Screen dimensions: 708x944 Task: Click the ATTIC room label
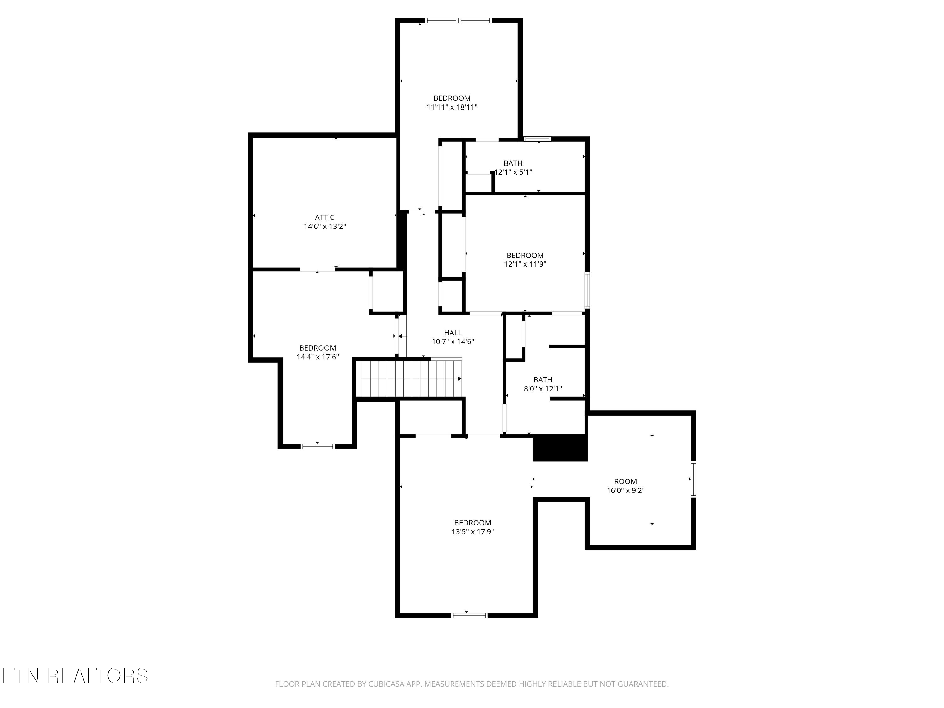(324, 217)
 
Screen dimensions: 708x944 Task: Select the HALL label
(453, 333)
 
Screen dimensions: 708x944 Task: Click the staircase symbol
(409, 379)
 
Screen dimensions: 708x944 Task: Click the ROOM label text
(625, 481)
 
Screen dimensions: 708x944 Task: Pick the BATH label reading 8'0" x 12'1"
(542, 379)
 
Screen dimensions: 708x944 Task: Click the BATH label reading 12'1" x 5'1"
(513, 163)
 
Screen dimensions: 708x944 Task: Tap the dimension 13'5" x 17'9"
(472, 532)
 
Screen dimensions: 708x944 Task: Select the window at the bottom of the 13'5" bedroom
(469, 615)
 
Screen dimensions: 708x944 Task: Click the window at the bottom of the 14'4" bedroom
(317, 447)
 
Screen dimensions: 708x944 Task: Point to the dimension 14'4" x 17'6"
(317, 357)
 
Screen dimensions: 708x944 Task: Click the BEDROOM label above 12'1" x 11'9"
(525, 255)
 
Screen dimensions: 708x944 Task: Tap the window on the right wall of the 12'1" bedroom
(587, 290)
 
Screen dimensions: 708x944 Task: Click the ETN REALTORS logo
(75, 676)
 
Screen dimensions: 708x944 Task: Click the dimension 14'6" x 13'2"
(324, 227)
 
